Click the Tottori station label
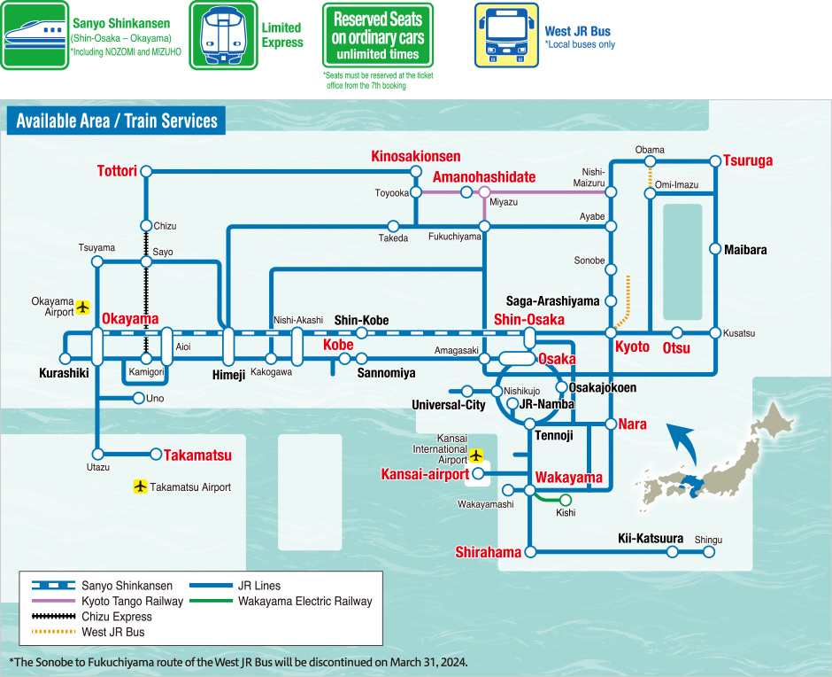116,170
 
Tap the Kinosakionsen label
415,157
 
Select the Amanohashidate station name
483,177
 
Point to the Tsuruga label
748,160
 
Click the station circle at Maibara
715,249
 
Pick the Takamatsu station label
197,455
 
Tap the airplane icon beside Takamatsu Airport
140,486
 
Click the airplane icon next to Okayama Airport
83,307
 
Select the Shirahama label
488,552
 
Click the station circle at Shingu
708,551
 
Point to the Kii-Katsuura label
650,538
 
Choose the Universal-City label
449,405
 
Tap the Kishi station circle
566,500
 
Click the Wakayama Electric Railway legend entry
305,601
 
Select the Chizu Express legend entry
117,617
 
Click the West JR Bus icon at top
505,35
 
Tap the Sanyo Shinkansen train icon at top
34,35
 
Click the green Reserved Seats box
377,35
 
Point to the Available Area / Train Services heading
117,121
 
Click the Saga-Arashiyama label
553,301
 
